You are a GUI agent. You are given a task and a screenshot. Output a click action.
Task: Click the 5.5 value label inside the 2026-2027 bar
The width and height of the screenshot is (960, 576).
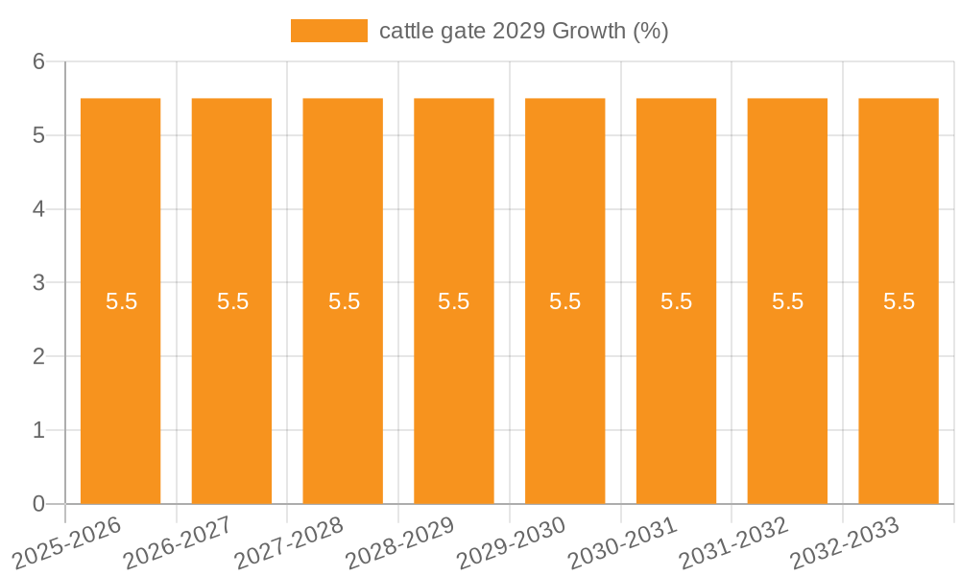[x=232, y=301]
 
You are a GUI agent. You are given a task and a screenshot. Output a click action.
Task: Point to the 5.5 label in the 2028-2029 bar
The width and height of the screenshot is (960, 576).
[x=453, y=301]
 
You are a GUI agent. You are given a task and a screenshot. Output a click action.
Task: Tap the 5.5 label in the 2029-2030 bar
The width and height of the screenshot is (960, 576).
[x=564, y=301]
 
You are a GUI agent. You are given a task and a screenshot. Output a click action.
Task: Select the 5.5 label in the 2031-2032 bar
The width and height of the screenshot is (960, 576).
[x=787, y=301]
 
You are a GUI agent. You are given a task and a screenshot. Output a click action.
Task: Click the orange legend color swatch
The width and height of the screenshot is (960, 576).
[x=328, y=31]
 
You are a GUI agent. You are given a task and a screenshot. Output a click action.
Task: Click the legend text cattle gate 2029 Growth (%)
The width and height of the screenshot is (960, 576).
[x=523, y=31]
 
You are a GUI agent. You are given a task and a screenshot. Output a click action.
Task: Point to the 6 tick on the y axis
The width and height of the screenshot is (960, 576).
[x=39, y=61]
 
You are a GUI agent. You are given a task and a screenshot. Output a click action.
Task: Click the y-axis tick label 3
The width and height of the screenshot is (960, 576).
[x=39, y=283]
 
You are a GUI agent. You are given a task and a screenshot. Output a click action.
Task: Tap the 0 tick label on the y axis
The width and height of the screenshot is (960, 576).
[x=39, y=504]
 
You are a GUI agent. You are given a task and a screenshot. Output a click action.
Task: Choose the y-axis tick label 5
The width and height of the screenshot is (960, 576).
[x=39, y=135]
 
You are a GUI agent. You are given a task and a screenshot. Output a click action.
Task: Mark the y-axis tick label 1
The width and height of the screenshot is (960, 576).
[x=39, y=430]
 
